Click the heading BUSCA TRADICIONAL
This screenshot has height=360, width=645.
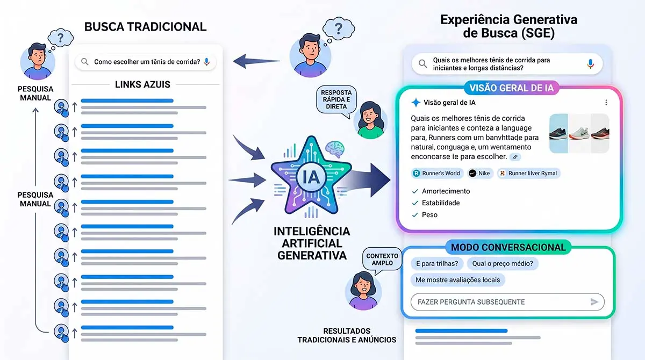(145, 26)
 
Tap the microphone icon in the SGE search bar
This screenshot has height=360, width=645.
(590, 64)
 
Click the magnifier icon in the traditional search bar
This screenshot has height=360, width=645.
(84, 62)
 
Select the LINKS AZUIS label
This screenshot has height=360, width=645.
(142, 84)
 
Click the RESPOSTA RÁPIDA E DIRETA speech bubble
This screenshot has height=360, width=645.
(336, 99)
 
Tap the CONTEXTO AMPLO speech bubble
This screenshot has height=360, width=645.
(382, 260)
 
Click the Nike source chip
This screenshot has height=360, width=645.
(479, 173)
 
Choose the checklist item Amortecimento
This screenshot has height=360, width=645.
(446, 191)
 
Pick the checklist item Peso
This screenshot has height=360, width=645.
(429, 215)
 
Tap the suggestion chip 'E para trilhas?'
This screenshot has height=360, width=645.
(436, 263)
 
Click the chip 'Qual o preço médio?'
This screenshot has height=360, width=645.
(503, 263)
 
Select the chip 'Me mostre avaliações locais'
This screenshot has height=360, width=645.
(457, 280)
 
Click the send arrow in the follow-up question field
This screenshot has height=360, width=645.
(594, 302)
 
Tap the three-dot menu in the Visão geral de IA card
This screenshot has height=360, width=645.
(606, 103)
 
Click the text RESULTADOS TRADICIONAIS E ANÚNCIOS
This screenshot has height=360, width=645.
(347, 335)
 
